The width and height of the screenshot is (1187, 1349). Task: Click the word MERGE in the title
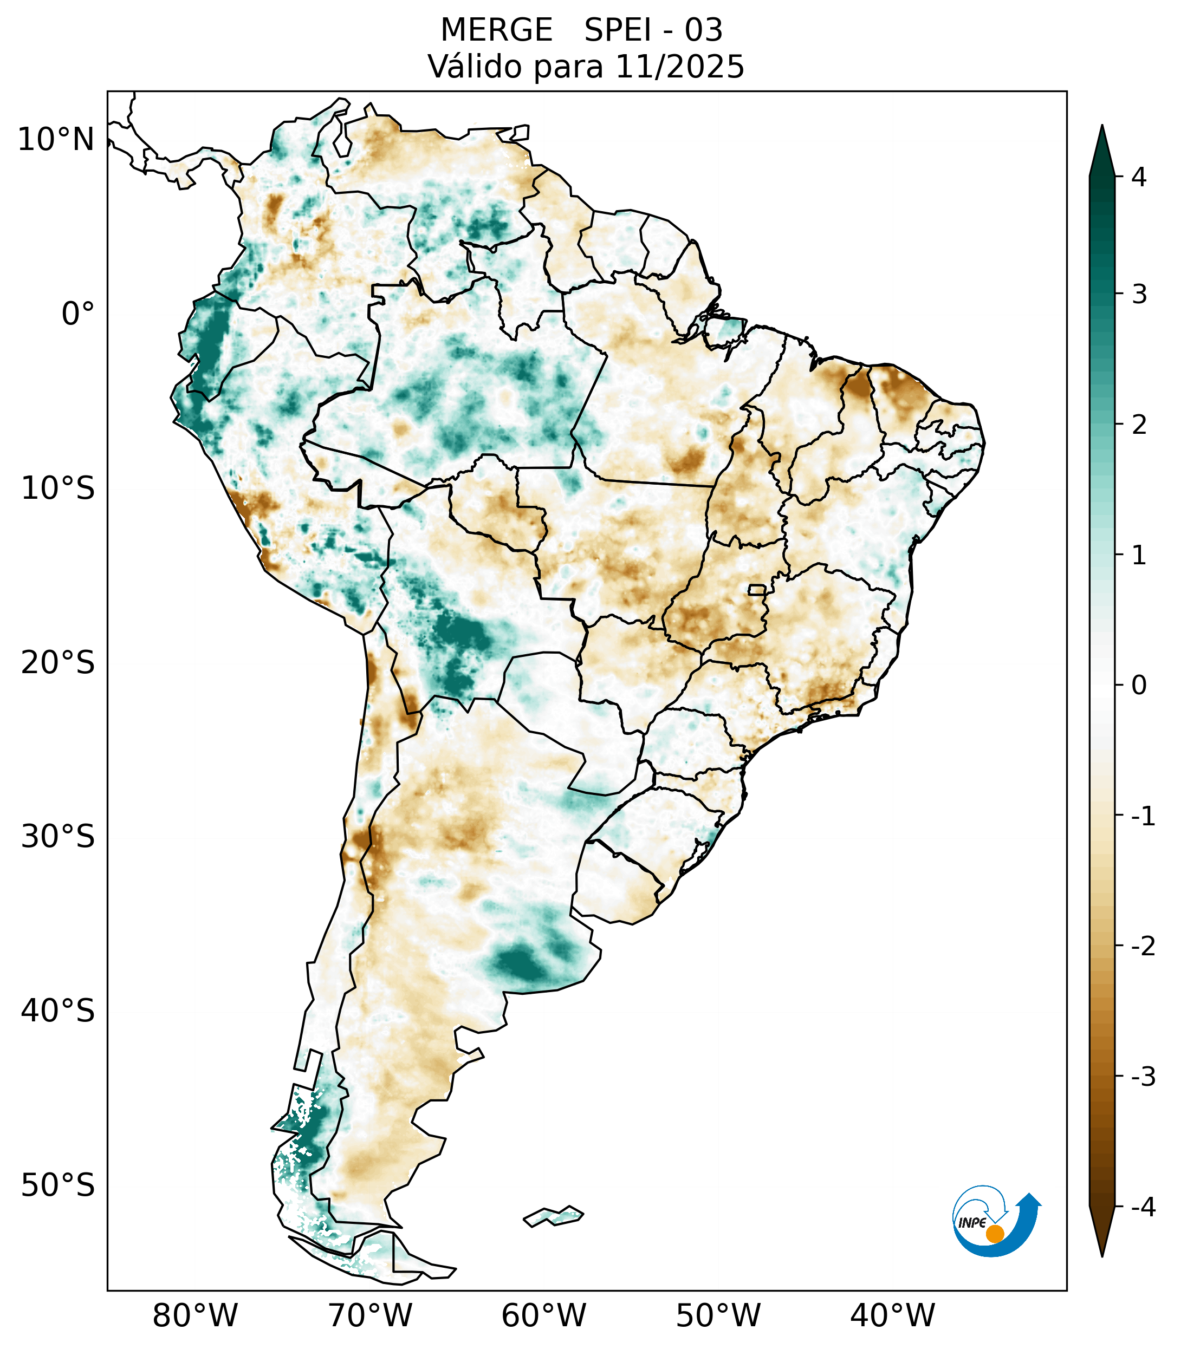(496, 30)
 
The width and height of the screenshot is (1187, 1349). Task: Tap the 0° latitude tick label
(78, 314)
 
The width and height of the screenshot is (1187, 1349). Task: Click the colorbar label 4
(1139, 177)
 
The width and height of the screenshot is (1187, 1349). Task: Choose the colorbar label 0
(1139, 686)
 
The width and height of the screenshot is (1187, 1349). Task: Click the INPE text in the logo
(972, 1223)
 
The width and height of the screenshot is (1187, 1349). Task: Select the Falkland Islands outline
(553, 1216)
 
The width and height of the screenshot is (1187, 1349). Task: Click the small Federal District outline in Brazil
(757, 589)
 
